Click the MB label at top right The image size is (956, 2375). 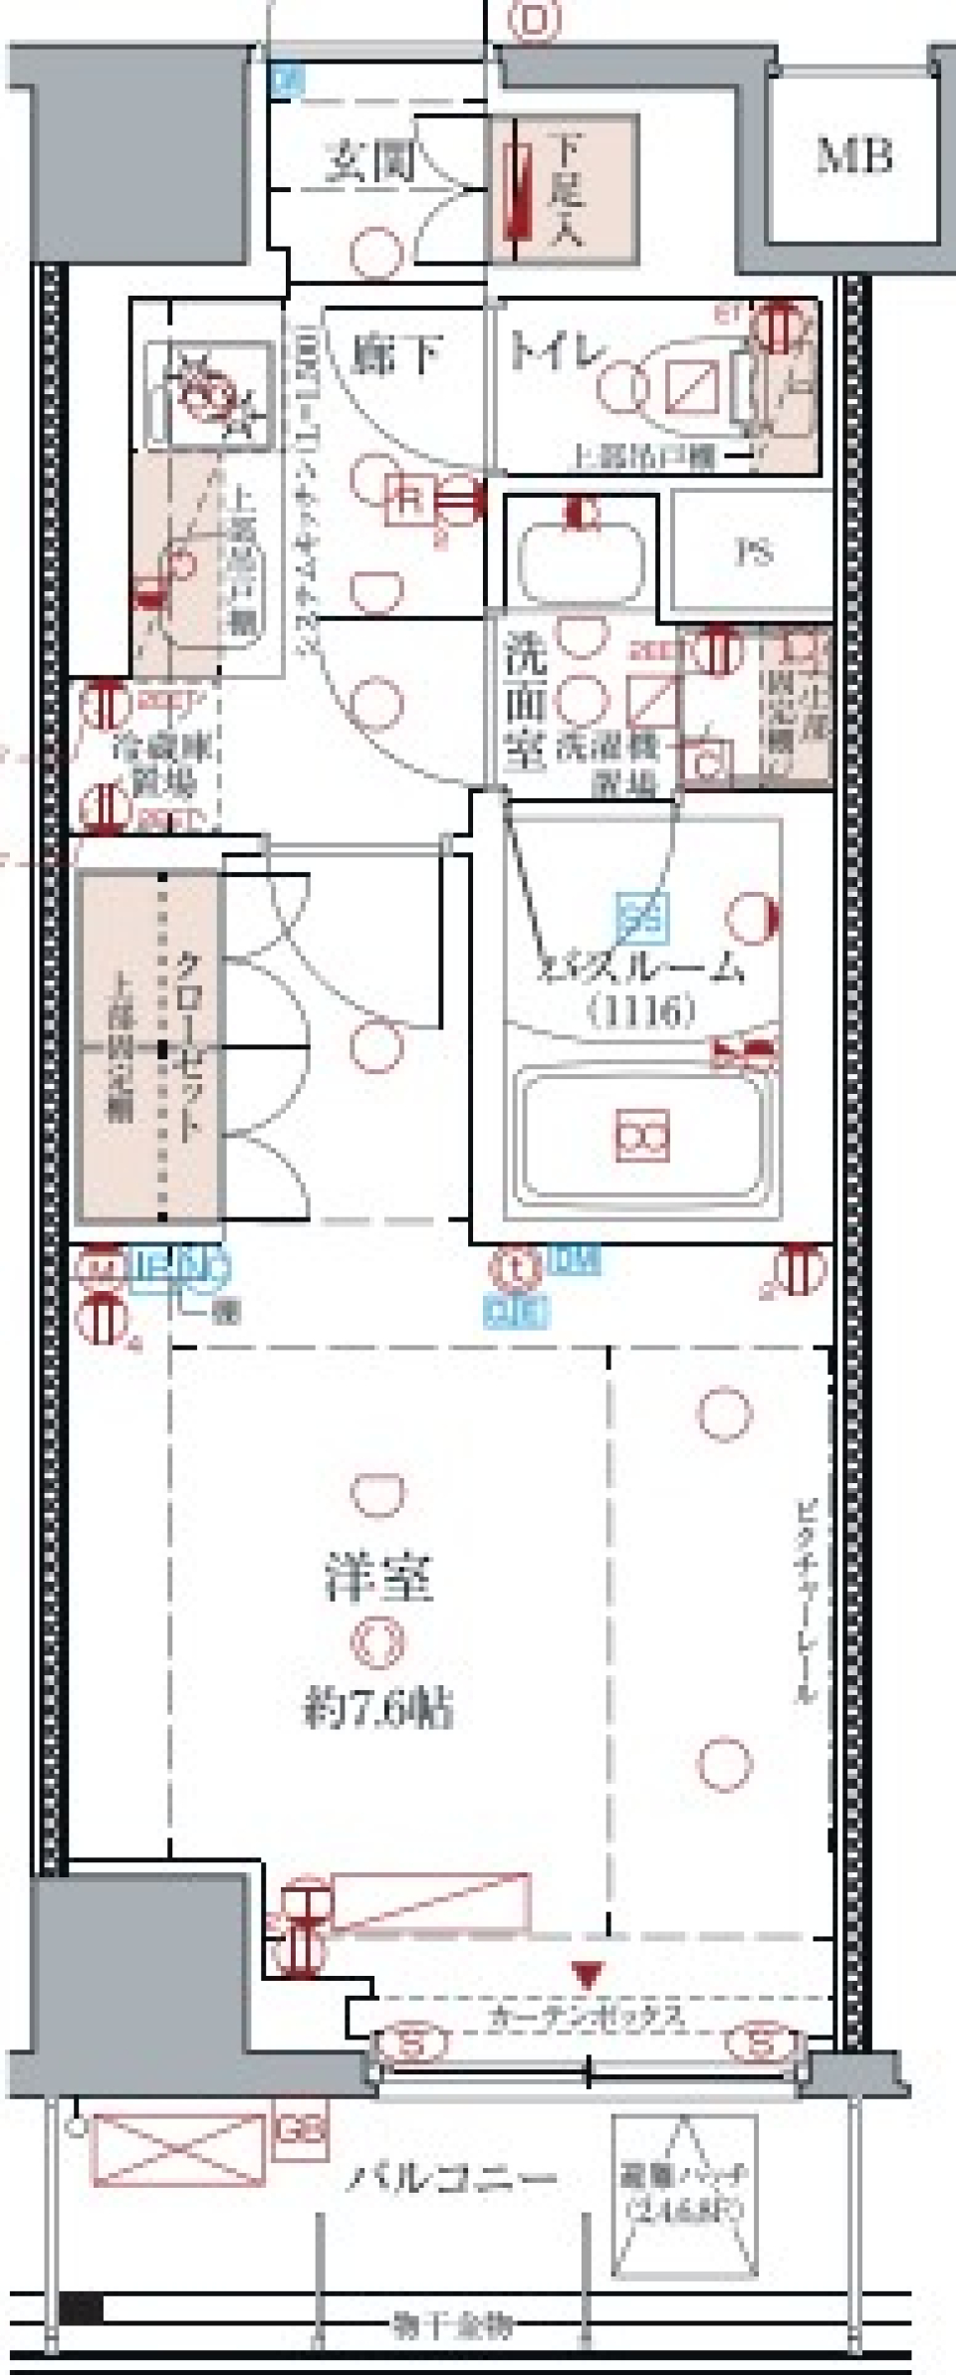click(x=853, y=155)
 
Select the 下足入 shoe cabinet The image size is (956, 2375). click(x=565, y=189)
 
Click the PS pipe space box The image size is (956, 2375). click(x=754, y=551)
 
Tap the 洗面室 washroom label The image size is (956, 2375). click(x=525, y=703)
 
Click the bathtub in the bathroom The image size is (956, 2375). click(x=642, y=1135)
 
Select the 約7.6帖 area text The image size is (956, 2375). click(x=378, y=1708)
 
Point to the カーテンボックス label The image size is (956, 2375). click(x=588, y=2018)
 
